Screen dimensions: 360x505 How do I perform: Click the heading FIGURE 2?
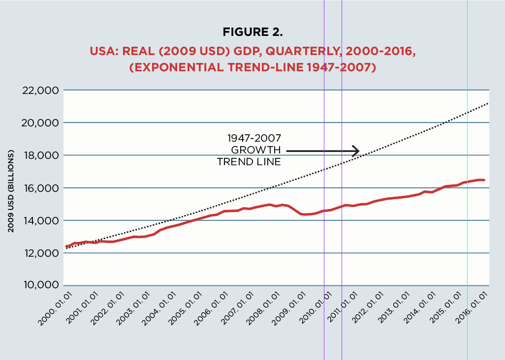click(253, 33)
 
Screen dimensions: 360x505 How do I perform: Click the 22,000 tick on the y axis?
click(41, 90)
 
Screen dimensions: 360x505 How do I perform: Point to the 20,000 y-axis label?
click(41, 123)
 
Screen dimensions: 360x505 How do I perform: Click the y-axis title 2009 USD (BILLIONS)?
click(10, 191)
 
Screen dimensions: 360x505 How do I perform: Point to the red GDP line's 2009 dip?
click(305, 214)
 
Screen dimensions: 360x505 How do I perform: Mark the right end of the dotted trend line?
click(488, 103)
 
